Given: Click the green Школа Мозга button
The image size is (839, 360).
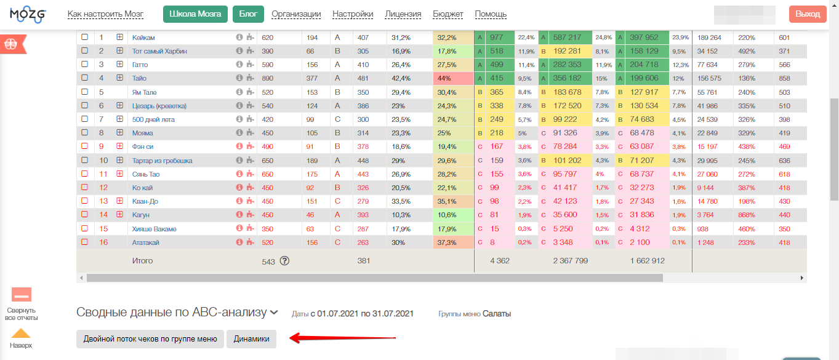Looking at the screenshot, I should [x=195, y=14].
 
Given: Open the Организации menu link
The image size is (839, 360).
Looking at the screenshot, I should [x=296, y=14].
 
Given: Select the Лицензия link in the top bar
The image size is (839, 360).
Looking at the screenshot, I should [x=403, y=14].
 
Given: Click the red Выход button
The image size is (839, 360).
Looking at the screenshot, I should [x=808, y=14].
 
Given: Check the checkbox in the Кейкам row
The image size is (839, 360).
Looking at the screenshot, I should [x=85, y=38].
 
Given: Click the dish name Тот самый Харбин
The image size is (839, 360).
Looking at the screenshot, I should [x=159, y=51].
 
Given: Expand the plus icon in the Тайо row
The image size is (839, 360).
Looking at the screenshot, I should [x=120, y=78].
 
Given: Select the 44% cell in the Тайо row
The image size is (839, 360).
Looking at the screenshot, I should [x=453, y=78].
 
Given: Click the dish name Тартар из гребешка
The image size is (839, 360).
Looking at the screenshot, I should [x=162, y=161].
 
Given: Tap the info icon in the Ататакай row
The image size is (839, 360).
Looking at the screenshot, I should [x=239, y=242].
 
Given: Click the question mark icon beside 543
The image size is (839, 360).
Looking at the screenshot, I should [x=284, y=260].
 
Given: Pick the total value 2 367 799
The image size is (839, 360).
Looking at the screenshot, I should [x=571, y=261].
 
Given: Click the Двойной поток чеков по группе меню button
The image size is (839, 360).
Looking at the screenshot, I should [x=150, y=339].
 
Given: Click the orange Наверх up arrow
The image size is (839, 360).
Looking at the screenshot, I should [x=21, y=334].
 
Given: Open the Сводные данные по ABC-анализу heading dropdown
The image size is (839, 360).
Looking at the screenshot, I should [x=274, y=313].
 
